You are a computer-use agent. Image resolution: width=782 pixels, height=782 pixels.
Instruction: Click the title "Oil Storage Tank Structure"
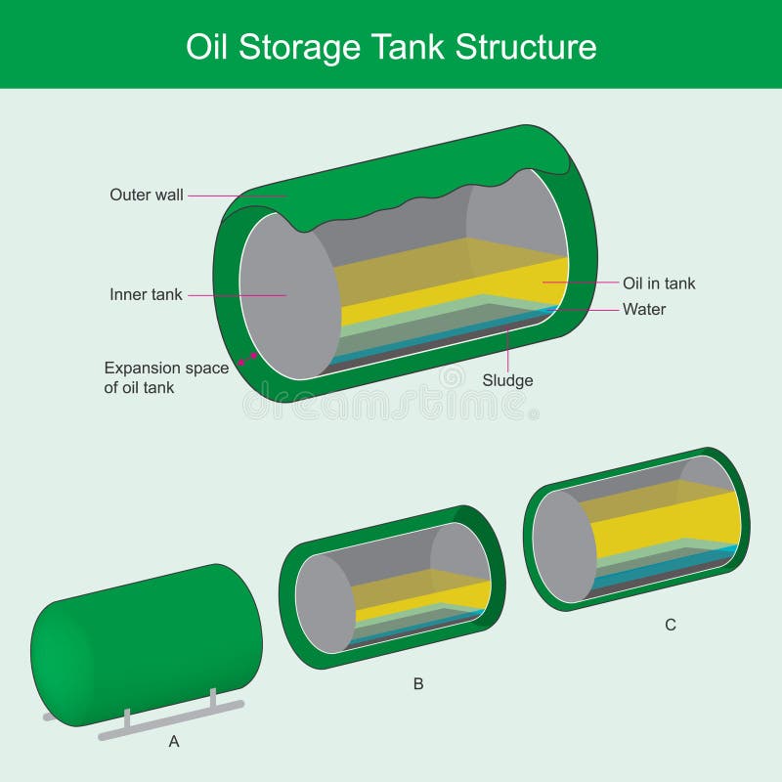391,46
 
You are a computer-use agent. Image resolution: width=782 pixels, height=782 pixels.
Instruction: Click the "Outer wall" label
146,195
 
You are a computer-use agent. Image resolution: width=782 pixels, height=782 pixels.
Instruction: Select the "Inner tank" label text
146,294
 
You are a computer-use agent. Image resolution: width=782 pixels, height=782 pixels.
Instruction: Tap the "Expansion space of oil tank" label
166,377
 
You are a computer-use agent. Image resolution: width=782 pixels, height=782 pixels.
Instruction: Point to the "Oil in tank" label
659,283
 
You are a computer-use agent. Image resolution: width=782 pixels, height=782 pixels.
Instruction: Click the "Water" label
644,310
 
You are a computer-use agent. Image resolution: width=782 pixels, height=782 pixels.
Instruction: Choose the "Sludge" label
508,380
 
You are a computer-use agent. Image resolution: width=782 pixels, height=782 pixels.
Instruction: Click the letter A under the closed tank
174,742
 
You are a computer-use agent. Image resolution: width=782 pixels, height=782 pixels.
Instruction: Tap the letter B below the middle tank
418,684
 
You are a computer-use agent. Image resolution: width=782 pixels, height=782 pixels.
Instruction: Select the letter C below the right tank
671,625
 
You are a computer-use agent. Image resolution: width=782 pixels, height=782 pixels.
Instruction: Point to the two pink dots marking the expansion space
248,361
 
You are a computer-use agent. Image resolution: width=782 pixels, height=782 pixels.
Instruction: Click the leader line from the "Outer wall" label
235,195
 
